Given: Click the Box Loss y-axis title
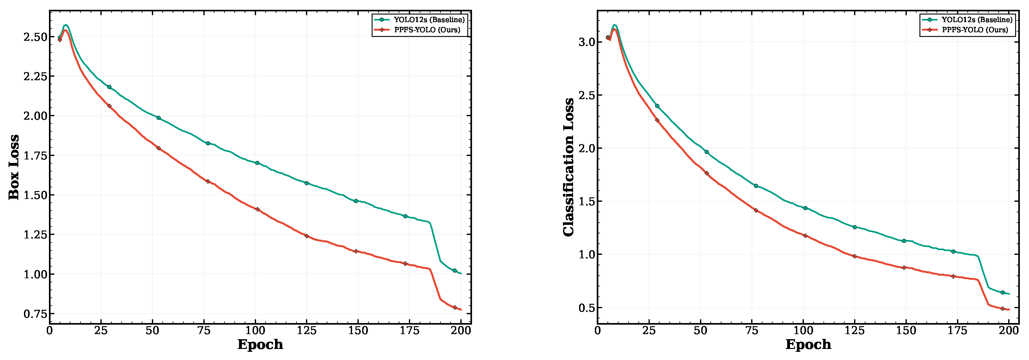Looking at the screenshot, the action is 14,167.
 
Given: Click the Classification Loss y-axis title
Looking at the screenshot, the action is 568,167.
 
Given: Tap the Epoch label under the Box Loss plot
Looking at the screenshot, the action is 260,345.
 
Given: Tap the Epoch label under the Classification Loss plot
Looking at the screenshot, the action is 809,345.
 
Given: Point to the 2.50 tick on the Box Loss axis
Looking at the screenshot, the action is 35,37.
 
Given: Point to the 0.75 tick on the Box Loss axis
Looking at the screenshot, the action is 35,314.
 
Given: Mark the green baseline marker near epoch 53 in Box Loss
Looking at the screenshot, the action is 159,118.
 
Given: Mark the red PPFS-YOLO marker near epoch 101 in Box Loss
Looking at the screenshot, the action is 257,209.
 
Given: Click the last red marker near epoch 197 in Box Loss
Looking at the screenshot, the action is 455,307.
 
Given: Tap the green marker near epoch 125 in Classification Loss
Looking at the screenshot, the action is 854,227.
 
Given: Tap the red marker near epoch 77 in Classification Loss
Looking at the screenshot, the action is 756,210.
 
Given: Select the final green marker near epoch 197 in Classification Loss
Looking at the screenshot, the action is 1003,292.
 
